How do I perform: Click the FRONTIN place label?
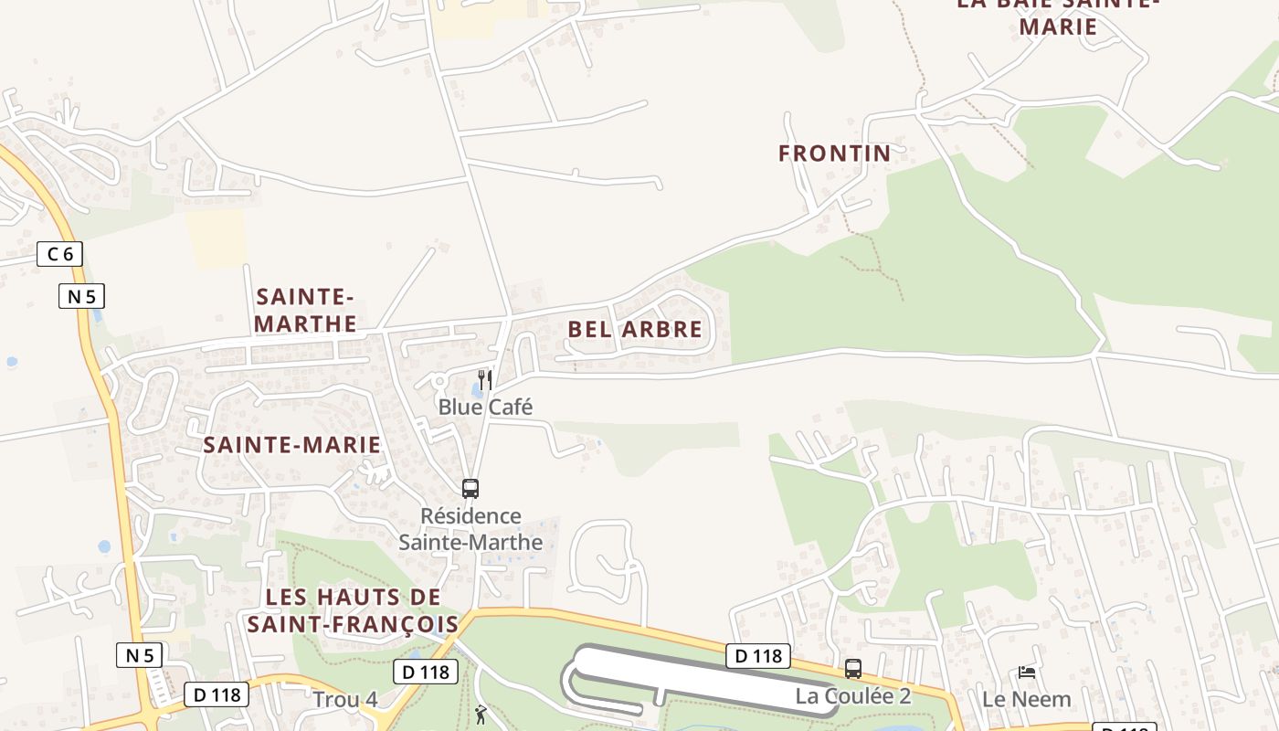click(x=834, y=154)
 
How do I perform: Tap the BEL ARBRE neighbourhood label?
click(x=635, y=329)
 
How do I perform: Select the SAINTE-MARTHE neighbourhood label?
click(x=305, y=310)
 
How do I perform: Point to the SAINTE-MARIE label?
click(x=291, y=445)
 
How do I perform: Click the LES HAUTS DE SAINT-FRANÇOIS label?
click(x=353, y=610)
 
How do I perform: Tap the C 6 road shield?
click(x=59, y=254)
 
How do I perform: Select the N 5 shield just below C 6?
click(x=82, y=296)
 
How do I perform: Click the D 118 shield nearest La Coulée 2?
click(x=758, y=655)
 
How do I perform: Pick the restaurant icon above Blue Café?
click(x=486, y=379)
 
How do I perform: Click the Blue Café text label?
click(x=485, y=407)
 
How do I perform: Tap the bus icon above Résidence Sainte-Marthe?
click(x=470, y=489)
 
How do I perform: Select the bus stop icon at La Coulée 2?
click(x=852, y=669)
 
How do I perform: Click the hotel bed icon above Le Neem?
click(x=1027, y=673)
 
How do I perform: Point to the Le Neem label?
click(x=1026, y=699)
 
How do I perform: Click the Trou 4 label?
click(x=344, y=700)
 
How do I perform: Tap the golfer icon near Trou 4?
click(x=481, y=715)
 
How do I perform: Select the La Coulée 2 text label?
click(x=852, y=696)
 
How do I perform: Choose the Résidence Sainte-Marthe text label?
click(x=470, y=529)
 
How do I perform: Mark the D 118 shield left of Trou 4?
click(x=217, y=694)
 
